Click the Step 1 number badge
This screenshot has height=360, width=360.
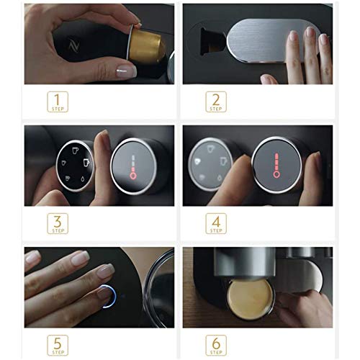58,101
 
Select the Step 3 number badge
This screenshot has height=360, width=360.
58,223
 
